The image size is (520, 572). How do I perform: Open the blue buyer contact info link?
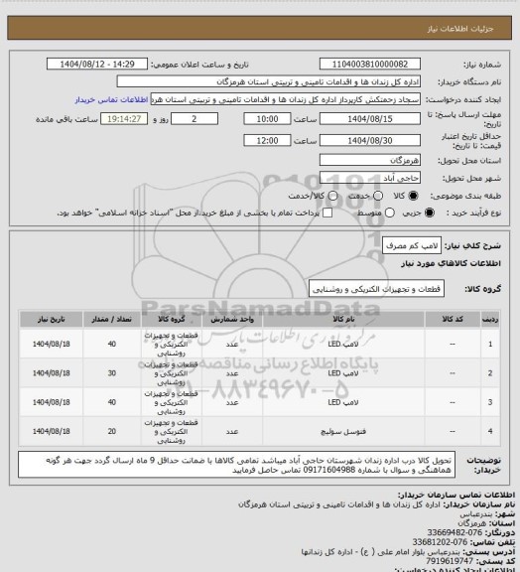click(108, 100)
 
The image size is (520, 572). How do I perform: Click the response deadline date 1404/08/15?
click(375, 118)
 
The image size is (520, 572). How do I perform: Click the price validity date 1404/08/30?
click(375, 141)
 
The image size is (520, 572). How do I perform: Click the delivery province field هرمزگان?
click(375, 160)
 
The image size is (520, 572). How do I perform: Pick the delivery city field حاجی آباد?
click(375, 177)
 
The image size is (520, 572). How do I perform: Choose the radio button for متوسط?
click(373, 212)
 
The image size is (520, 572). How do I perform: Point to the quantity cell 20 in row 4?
click(111, 432)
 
